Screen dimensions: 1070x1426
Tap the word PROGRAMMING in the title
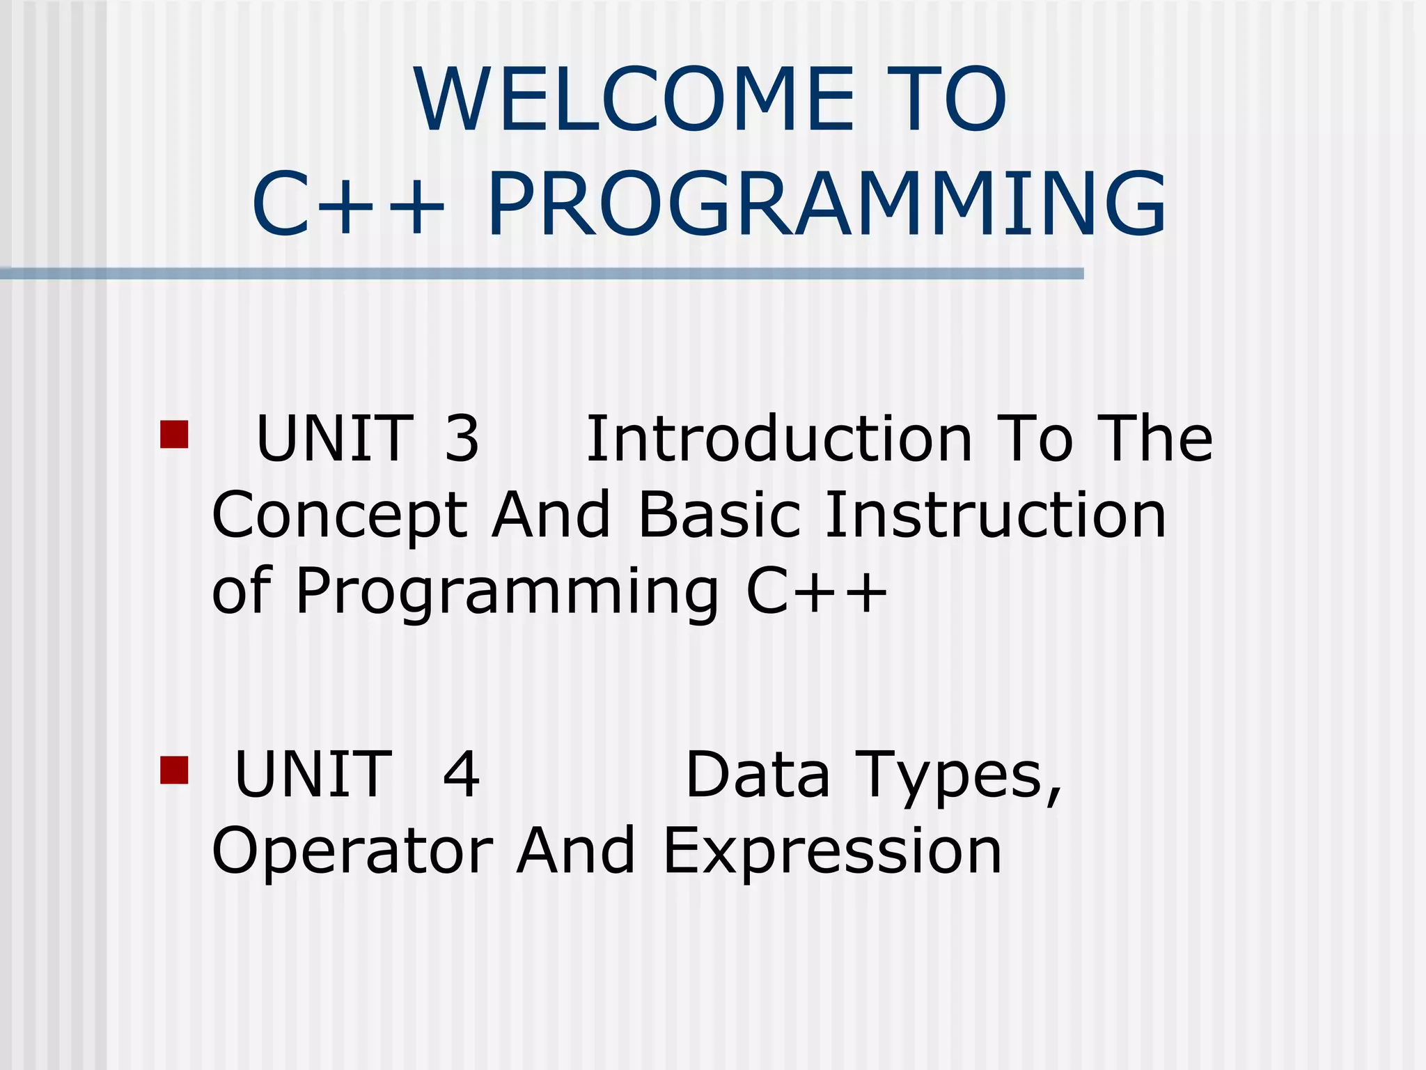pos(826,205)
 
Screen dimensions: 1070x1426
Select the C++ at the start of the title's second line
pos(348,205)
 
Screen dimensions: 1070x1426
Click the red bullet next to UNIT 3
pos(174,434)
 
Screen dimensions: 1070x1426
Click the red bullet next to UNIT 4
pos(174,770)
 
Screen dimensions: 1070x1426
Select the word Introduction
pos(779,438)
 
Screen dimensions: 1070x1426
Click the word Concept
pos(339,516)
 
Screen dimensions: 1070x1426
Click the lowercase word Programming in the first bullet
pos(507,593)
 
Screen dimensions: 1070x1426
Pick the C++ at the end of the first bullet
pos(817,591)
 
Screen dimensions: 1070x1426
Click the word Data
pos(758,774)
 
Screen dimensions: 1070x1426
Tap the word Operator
pos(352,851)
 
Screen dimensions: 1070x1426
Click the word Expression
pos(832,852)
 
